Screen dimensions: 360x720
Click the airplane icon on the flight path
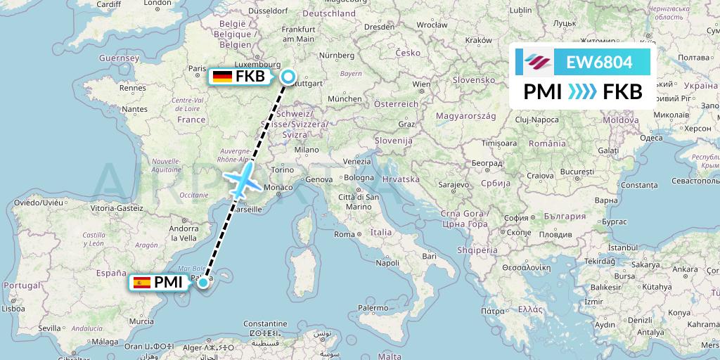242,180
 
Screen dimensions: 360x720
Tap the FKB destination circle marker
288,77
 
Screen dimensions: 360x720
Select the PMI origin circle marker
203,283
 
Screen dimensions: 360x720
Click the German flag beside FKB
223,77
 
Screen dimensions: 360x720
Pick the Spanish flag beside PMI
141,283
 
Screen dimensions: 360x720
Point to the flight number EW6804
599,63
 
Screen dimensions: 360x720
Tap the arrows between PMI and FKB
581,92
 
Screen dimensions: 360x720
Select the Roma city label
345,234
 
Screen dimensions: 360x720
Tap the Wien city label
421,84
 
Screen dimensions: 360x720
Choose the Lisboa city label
13,308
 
